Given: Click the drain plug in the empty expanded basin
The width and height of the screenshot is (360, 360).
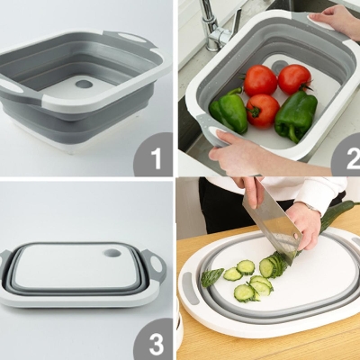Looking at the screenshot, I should point(84,84).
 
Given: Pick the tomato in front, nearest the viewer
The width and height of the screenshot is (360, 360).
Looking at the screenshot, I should point(263,110).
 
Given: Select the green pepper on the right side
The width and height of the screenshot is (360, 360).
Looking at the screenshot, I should point(296,114).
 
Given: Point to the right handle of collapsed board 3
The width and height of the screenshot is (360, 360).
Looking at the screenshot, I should point(158,266).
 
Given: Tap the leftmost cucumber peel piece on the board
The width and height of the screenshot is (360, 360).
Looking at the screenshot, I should point(211,277).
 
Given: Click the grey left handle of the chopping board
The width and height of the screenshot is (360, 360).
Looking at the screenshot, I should point(190,289).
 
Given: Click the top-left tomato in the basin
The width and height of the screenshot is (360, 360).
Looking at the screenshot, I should point(260,80).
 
